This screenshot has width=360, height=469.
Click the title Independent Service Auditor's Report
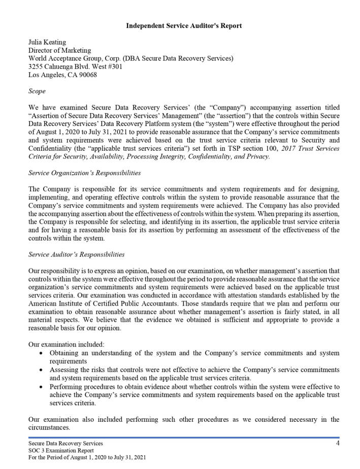click(x=184, y=26)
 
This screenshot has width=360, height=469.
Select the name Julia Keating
click(x=47, y=42)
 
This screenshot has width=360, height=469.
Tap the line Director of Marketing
click(x=60, y=50)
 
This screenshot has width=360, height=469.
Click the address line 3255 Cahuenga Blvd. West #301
click(x=76, y=66)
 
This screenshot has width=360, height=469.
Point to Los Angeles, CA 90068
click(x=62, y=75)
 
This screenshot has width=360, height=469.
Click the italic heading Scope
click(x=37, y=91)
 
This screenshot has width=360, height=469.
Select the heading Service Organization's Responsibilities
click(x=85, y=173)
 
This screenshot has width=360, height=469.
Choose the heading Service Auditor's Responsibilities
click(x=77, y=255)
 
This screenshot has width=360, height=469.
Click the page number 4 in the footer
click(x=338, y=443)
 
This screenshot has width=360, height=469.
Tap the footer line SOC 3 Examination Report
click(x=61, y=450)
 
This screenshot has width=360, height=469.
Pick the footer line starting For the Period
click(x=87, y=457)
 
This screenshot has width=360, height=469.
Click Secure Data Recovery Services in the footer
click(x=66, y=443)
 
